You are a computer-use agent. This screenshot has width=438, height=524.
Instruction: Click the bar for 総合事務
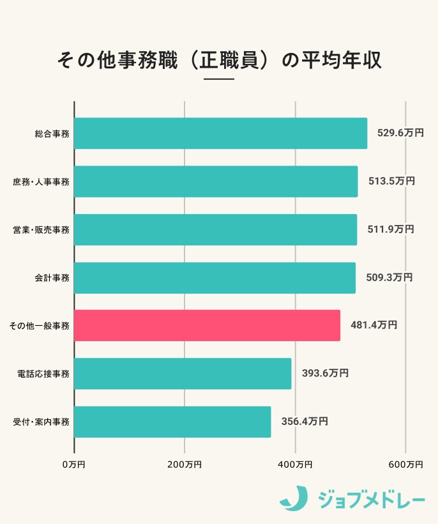220,134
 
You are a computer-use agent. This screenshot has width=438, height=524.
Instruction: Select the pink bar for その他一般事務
207,325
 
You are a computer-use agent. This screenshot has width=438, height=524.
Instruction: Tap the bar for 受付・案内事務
172,422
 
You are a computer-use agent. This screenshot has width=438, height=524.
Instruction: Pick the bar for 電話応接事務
183,374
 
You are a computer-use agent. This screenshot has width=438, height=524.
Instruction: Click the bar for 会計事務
215,278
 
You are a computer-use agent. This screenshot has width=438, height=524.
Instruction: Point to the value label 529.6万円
400,134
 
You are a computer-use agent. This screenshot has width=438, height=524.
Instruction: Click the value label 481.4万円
374,325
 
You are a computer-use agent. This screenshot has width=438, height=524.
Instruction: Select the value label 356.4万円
305,422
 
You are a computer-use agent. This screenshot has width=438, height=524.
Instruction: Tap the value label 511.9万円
391,229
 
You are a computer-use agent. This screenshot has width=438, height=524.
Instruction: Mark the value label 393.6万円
325,374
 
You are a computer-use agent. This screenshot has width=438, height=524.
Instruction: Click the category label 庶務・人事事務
42,182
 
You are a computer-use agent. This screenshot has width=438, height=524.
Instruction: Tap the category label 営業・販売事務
42,230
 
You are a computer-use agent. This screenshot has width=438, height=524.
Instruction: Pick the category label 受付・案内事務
42,422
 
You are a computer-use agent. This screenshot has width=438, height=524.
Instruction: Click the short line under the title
219,79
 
